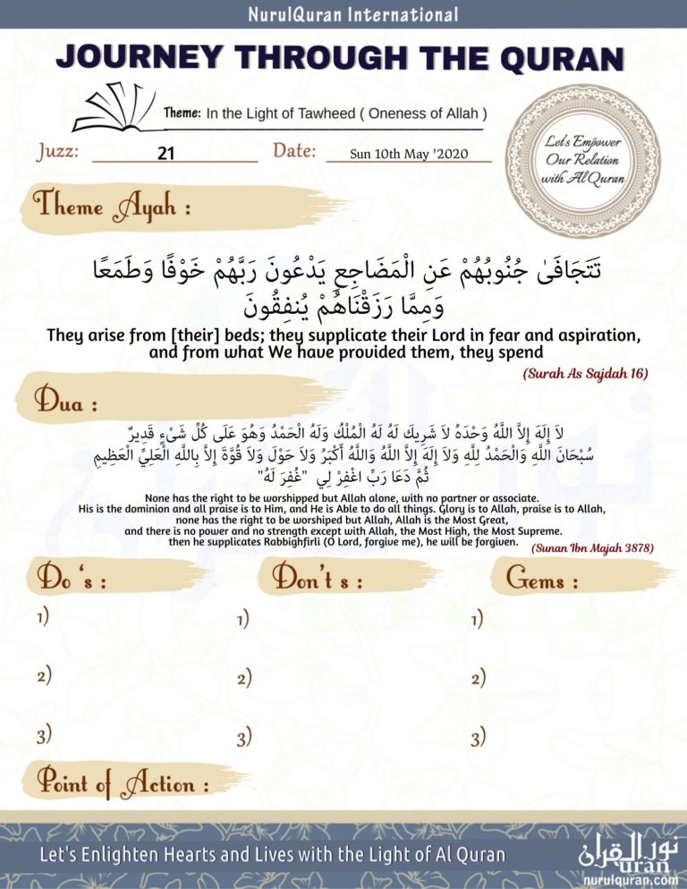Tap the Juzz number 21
[x=165, y=153]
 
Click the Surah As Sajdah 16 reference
[x=585, y=373]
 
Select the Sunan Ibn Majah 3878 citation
[x=591, y=547]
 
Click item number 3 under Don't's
[x=243, y=739]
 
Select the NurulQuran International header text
[x=343, y=14]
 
